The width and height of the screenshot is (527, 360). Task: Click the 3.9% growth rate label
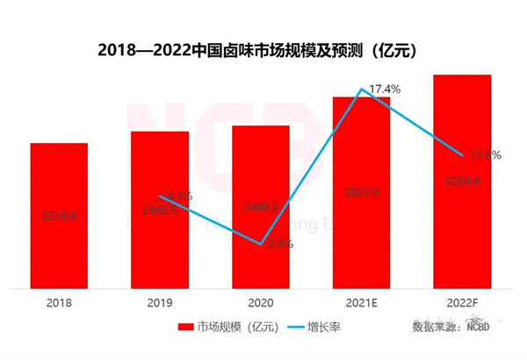coord(278,245)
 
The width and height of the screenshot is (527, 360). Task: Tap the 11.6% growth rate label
coord(484,155)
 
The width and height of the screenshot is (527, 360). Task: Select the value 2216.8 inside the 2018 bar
coord(59,215)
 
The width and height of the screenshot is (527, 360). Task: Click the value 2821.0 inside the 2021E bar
coord(361,192)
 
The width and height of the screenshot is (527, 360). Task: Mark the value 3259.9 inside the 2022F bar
coord(462,181)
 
